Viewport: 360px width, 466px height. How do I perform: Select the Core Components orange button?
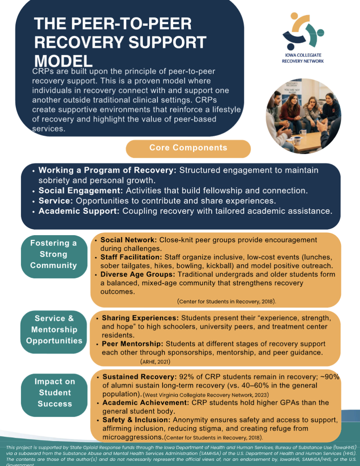point(188,148)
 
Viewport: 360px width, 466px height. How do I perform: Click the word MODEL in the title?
point(63,60)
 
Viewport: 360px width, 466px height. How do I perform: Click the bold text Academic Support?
point(79,211)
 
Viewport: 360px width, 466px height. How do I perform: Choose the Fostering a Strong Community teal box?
point(54,254)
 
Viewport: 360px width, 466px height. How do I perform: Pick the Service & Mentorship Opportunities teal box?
point(54,329)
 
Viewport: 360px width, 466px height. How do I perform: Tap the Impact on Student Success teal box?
point(55,393)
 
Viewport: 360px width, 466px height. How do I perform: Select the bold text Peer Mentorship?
point(133,343)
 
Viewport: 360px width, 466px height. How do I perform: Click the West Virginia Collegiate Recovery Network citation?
point(205,395)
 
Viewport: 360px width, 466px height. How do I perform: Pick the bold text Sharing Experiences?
point(141,318)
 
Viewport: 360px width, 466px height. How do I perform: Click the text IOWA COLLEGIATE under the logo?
point(303,55)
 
